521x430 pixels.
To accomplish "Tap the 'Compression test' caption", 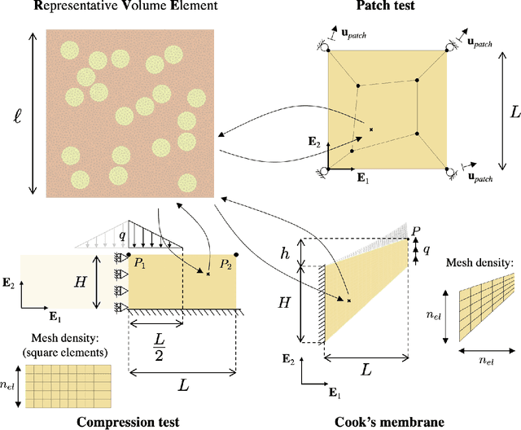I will pyautogui.click(x=129, y=422).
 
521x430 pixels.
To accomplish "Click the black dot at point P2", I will pyautogui.click(x=236, y=254).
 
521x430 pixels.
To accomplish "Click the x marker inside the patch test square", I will pyautogui.click(x=371, y=129).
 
